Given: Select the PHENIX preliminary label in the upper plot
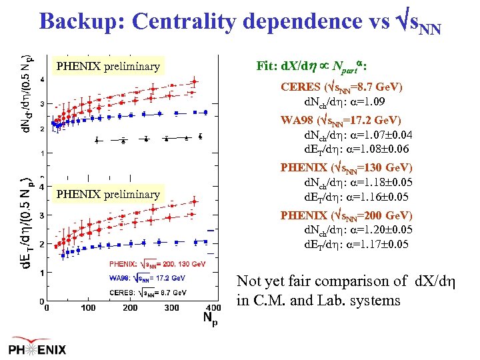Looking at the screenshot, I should coord(107,66).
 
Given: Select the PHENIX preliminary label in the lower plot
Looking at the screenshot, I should coord(107,194).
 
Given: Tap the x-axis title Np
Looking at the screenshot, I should coord(210,315).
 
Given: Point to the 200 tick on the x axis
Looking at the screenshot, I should coord(131,307).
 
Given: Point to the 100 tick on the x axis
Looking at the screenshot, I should coord(88,307).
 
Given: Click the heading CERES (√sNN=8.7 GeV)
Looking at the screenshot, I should coord(341,87).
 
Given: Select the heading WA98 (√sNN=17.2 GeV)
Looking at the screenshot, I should coord(341,120).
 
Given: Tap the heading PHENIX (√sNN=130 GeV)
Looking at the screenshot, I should coord(346,167).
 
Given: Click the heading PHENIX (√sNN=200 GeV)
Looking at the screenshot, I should coord(346,215).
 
